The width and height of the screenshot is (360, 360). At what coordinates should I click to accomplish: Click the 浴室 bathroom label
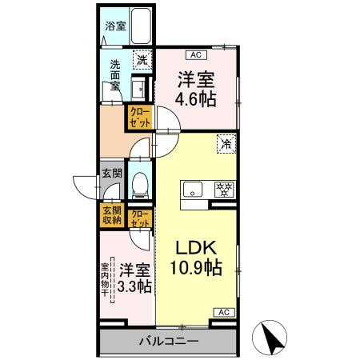tap(114, 26)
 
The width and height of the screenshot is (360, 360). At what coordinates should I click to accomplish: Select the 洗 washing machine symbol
tap(141, 58)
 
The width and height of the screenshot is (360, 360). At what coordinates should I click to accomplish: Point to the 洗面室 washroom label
tap(115, 75)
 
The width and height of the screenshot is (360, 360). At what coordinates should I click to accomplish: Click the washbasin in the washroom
tap(138, 89)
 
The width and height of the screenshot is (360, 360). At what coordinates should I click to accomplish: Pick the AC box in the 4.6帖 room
tap(194, 55)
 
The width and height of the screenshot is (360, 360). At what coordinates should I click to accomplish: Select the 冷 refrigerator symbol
tap(226, 145)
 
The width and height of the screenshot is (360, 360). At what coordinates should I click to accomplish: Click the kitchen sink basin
tap(194, 190)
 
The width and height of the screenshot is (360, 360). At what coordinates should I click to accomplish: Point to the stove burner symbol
tap(225, 190)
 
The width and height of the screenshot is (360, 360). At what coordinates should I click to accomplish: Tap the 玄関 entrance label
tap(111, 173)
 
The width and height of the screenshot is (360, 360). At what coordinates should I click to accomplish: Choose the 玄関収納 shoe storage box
tap(111, 215)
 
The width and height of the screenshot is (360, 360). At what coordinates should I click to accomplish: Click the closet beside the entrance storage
tap(139, 218)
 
